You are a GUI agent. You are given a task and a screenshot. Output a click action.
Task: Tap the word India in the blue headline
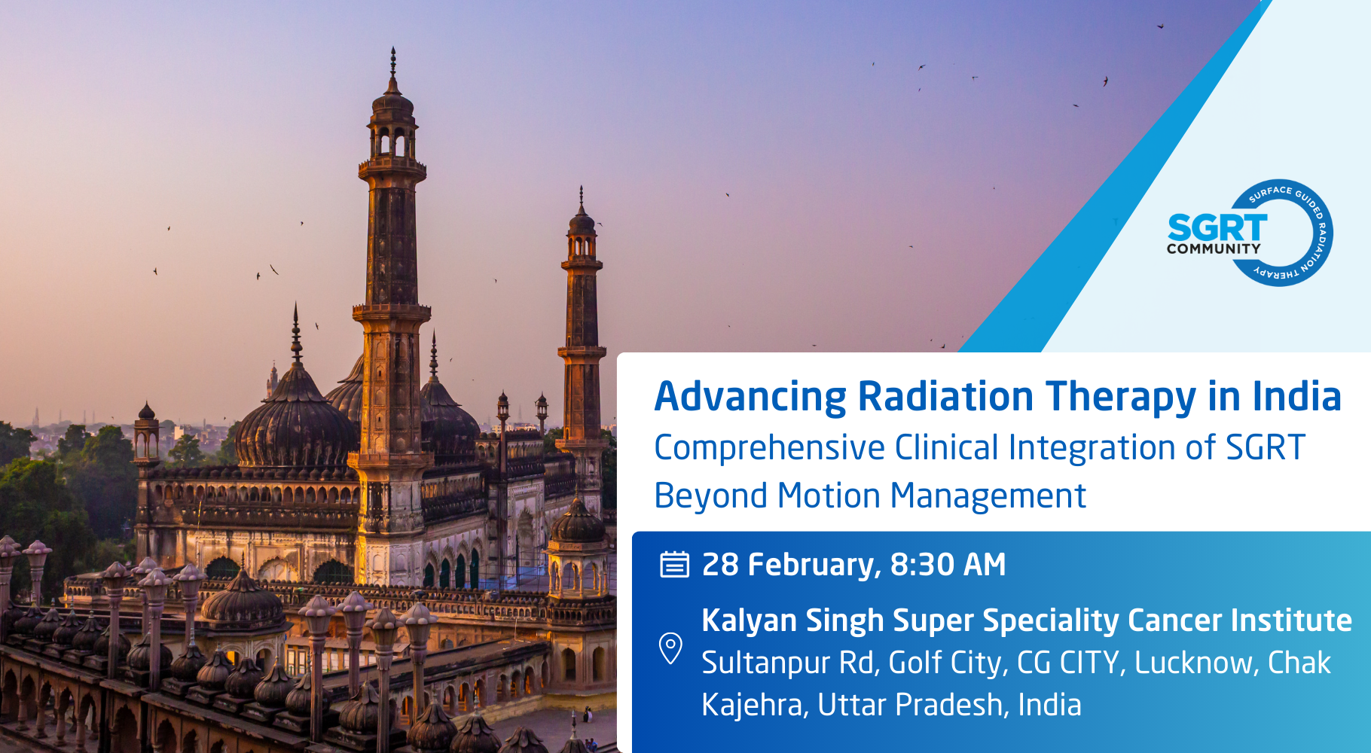tap(1296, 396)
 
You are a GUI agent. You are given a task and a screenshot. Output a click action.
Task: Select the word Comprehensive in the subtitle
tap(769, 449)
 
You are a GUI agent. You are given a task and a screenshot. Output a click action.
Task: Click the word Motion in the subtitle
tap(829, 495)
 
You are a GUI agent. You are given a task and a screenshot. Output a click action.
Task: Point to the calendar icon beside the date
tap(674, 564)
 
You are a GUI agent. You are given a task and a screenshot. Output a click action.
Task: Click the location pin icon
tap(670, 648)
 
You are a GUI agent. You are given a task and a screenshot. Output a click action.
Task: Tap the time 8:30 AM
tap(948, 564)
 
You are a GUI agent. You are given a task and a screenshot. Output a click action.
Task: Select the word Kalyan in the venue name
tap(750, 621)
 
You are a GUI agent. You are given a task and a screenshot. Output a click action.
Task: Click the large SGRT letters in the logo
tap(1217, 227)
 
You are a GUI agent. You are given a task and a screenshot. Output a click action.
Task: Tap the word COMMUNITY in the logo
tap(1214, 248)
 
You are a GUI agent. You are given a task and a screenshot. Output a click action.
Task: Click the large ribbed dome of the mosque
tap(296, 422)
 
